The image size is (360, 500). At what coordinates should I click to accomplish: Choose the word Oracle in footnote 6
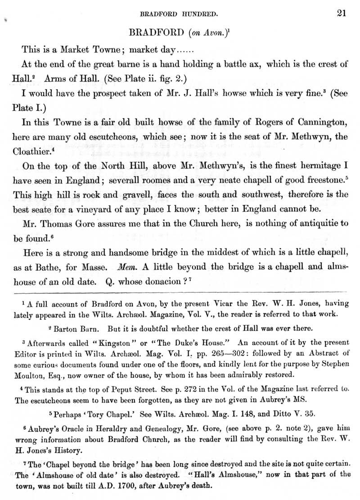[x=68, y=429]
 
